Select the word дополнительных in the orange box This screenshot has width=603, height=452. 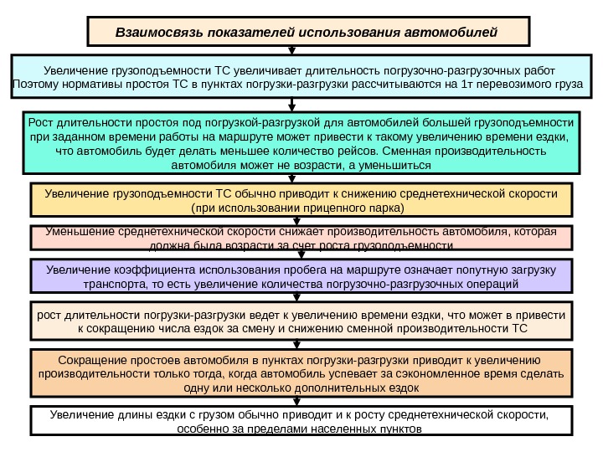click(x=319, y=388)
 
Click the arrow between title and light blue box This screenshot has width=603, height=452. click(x=292, y=51)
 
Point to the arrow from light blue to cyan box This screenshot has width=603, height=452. click(x=292, y=105)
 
